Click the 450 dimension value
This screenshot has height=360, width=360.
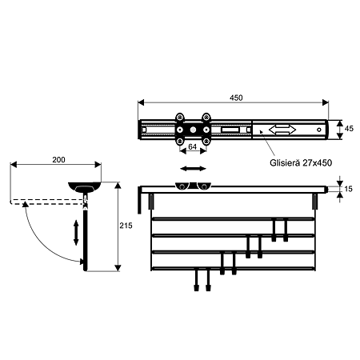pos(236,98)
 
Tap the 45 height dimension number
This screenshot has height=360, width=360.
pos(349,129)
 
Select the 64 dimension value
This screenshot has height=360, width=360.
pos(192,146)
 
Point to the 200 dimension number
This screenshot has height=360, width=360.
pos(58,159)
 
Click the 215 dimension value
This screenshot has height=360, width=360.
pos(126,226)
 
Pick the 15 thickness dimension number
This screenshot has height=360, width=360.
pos(348,189)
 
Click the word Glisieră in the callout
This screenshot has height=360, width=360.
pos(285,162)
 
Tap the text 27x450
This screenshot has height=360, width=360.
pos(318,162)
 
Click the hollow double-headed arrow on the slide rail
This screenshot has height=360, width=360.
pos(282,130)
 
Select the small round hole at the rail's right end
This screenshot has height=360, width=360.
pos(319,130)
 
